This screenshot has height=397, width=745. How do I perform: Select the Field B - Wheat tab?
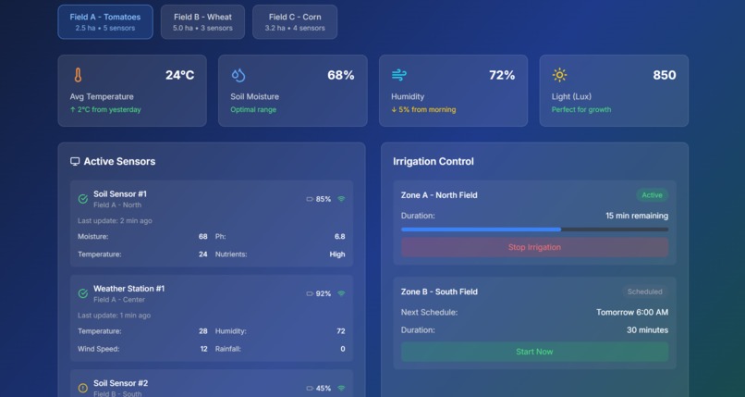tap(202, 22)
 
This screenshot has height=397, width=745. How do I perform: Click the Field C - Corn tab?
tap(295, 22)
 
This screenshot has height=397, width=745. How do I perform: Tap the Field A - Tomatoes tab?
tap(105, 22)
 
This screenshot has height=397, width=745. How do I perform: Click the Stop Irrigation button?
tap(534, 247)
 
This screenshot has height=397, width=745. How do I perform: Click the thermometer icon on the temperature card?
tap(79, 75)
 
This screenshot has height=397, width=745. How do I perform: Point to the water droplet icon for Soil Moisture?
tap(238, 75)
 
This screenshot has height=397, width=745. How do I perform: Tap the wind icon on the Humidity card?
tap(399, 75)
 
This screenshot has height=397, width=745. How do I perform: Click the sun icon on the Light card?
tap(559, 75)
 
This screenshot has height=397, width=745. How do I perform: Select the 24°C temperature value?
tap(179, 75)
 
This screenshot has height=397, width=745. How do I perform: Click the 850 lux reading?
tap(664, 75)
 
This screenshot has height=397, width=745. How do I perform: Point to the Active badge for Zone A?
tap(652, 195)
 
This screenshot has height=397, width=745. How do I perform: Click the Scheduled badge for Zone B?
tap(644, 292)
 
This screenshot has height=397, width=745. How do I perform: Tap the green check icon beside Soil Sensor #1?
tap(83, 199)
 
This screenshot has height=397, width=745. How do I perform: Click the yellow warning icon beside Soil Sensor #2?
tap(83, 388)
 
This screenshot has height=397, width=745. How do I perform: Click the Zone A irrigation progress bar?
tap(534, 229)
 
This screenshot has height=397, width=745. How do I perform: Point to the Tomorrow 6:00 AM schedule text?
tap(632, 312)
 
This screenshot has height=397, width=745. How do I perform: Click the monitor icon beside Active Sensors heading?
tap(75, 161)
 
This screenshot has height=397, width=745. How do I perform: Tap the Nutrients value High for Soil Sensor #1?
tap(336, 254)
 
